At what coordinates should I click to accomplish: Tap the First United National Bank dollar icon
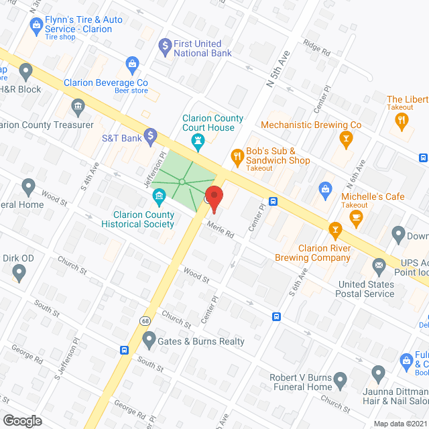pos(164,46)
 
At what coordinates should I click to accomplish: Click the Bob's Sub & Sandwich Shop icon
pos(237,157)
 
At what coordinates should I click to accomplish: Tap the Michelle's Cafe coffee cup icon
pos(355,217)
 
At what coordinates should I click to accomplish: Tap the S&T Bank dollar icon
pos(151,137)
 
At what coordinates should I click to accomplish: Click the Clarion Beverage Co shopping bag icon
pos(133,64)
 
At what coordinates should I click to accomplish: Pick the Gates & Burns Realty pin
pos(149,340)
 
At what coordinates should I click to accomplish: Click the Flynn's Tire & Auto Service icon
pos(37,27)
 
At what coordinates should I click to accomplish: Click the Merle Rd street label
pos(220,230)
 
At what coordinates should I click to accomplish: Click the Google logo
pos(22,420)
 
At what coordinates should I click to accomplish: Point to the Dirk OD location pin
pos(19,272)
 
